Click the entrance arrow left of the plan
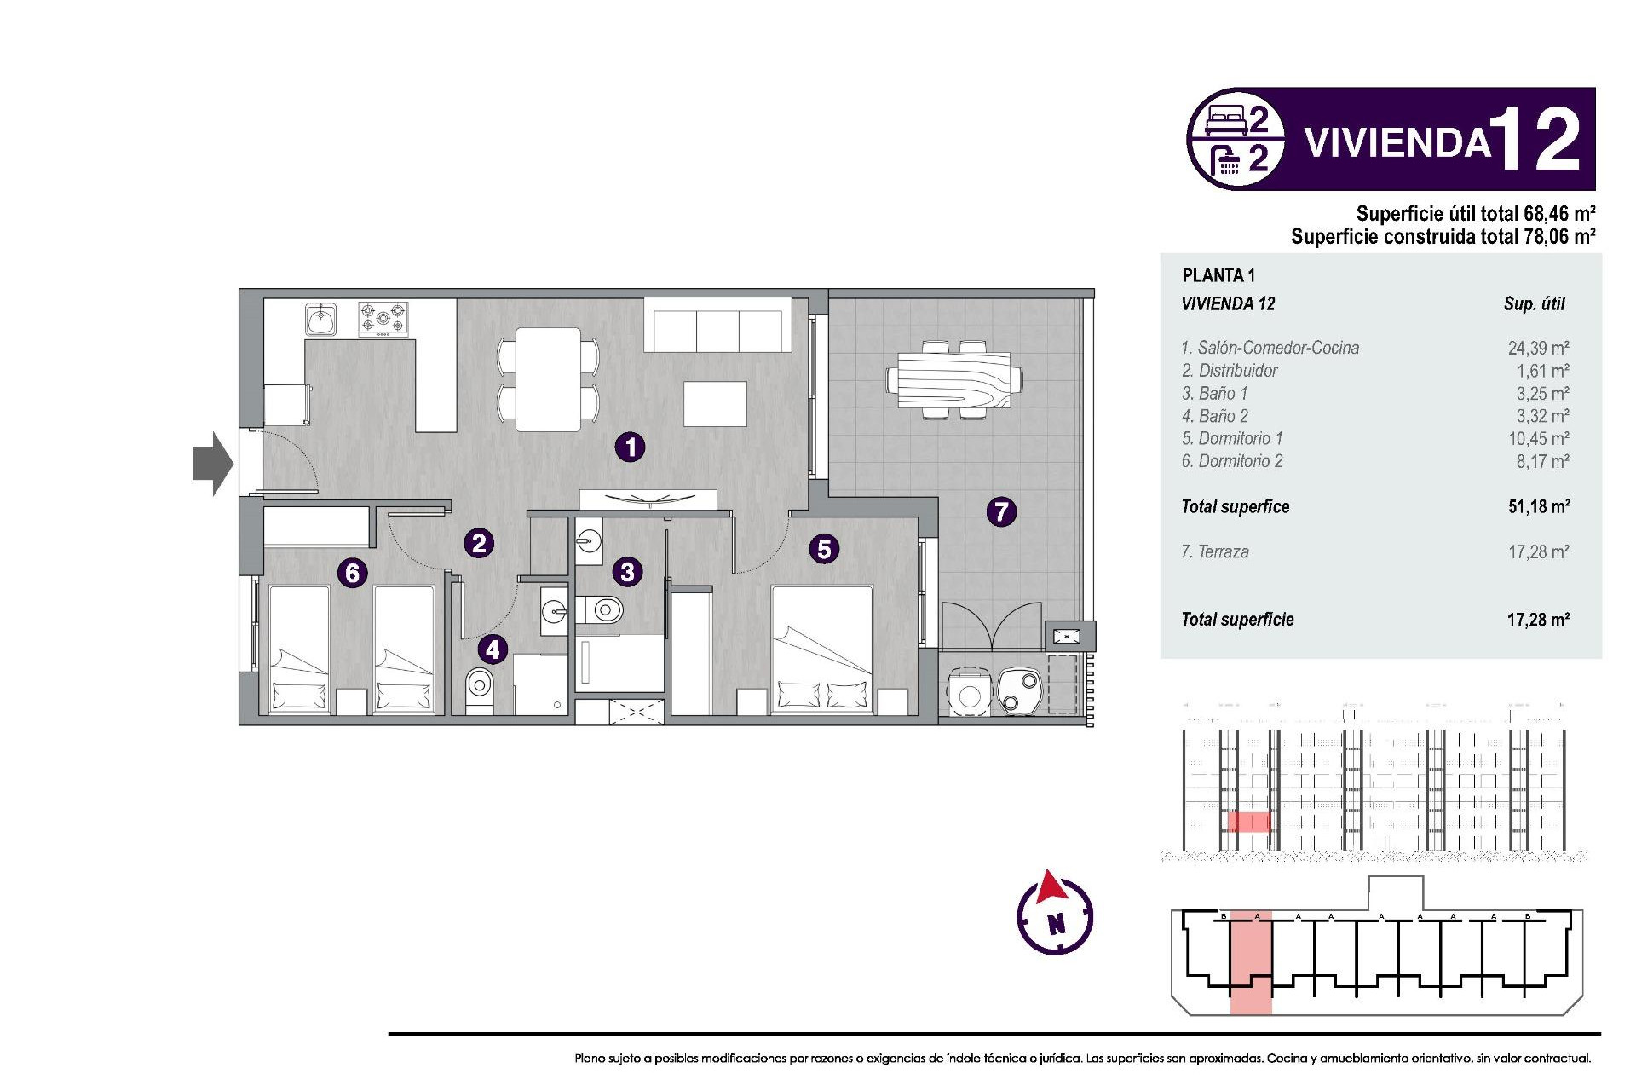(211, 464)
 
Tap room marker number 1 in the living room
(631, 447)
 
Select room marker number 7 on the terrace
(1001, 511)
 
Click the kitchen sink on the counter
(321, 320)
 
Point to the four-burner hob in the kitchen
(383, 320)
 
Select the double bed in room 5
(822, 648)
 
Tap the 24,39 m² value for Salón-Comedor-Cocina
(1538, 348)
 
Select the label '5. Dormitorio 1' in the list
(1231, 438)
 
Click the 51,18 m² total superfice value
(1538, 506)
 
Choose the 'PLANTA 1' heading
(1218, 275)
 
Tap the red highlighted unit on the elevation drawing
(1248, 822)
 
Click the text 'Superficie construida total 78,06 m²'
(1443, 236)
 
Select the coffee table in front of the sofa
(715, 404)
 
